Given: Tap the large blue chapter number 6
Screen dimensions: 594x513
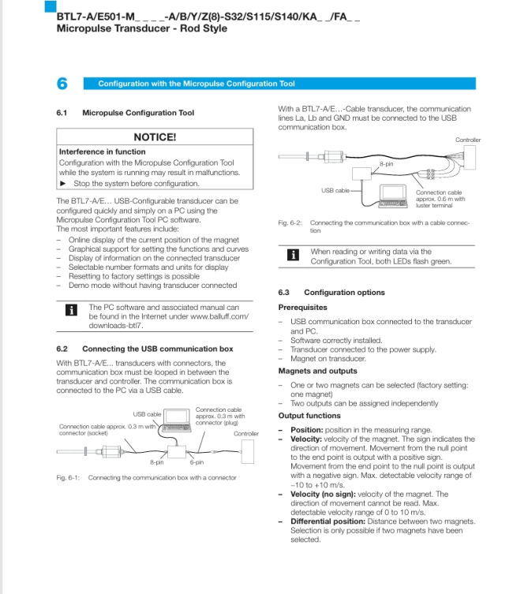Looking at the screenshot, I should pyautogui.click(x=62, y=84).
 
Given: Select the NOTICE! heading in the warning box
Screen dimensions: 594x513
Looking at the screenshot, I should pyautogui.click(x=155, y=137).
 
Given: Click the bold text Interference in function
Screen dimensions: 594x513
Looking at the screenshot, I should pyautogui.click(x=102, y=151).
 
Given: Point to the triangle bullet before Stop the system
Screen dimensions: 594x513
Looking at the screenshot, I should pyautogui.click(x=63, y=183).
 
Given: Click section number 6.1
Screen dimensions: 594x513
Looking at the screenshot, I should pyautogui.click(x=62, y=113).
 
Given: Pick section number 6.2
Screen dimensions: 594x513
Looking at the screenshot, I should pyautogui.click(x=62, y=349).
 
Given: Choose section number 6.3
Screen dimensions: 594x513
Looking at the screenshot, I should pyautogui.click(x=284, y=293).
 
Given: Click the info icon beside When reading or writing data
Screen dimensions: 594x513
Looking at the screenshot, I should pyautogui.click(x=293, y=255).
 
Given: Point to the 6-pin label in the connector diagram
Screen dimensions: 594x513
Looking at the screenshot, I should pyautogui.click(x=197, y=462).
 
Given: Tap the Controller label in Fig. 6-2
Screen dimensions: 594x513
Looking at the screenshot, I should pyautogui.click(x=467, y=140).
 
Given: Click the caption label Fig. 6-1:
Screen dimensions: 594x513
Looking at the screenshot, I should pyautogui.click(x=67, y=477).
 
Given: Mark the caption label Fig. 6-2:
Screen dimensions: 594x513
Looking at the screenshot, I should pyautogui.click(x=289, y=222).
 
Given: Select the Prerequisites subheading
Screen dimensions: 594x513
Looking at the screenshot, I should pyautogui.click(x=302, y=307).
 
